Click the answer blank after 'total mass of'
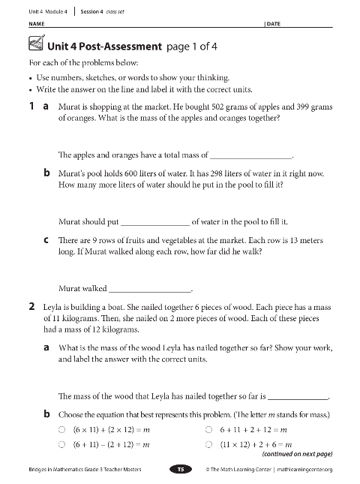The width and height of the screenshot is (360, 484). click(250, 155)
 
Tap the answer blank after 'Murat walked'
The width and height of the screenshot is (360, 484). click(150, 288)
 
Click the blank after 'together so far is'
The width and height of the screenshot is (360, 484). click(297, 397)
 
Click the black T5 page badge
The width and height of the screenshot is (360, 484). click(180, 469)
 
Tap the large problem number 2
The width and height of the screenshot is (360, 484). click(31, 306)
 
